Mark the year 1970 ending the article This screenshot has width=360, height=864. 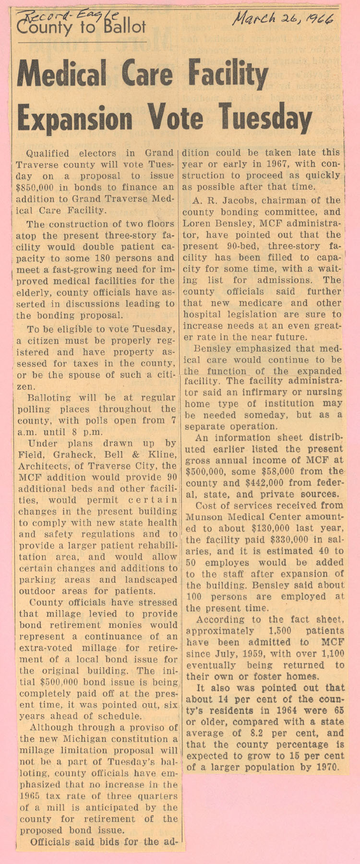(x=327, y=767)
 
